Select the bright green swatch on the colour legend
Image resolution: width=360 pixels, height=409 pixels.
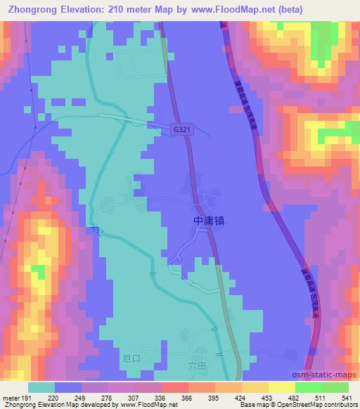point(308,387)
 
